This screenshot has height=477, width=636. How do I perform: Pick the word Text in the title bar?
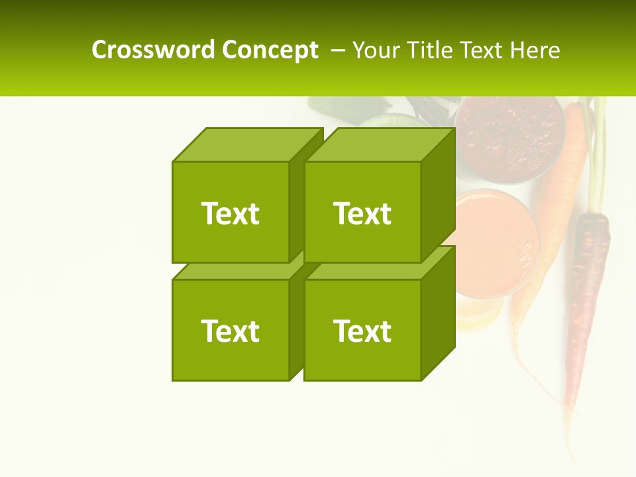pyautogui.click(x=482, y=50)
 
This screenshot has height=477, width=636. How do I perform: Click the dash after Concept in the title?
pyautogui.click(x=337, y=50)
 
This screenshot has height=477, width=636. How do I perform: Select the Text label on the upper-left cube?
pyautogui.click(x=231, y=213)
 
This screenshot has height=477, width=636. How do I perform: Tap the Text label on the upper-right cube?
pyautogui.click(x=362, y=213)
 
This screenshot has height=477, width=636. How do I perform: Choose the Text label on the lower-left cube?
pyautogui.click(x=231, y=331)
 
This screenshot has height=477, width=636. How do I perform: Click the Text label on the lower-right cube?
pyautogui.click(x=362, y=331)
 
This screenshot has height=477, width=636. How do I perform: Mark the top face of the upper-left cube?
pyautogui.click(x=246, y=145)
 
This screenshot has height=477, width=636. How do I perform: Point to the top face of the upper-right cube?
pyautogui.click(x=379, y=145)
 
